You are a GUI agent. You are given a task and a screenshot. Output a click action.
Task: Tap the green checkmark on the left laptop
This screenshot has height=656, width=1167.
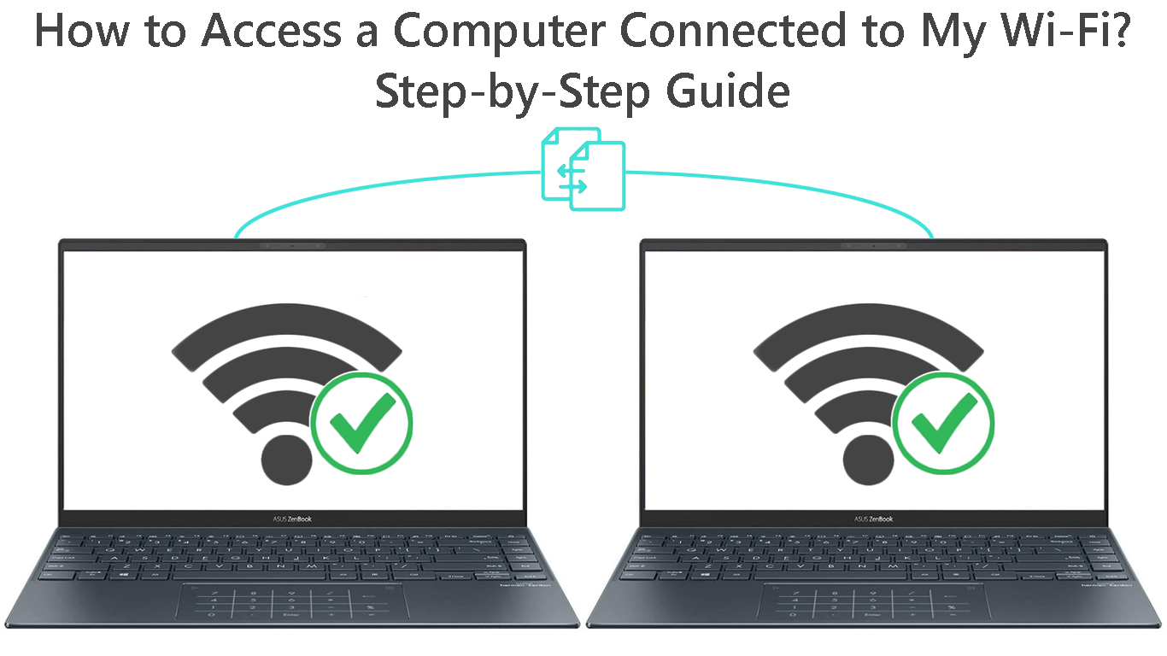[x=361, y=423]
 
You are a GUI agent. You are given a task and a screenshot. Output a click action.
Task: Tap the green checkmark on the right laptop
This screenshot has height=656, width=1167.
[x=943, y=423]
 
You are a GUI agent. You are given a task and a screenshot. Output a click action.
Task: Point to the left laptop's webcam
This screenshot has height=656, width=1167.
[x=292, y=246]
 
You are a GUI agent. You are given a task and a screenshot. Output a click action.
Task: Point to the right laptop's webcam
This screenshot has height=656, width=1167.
[x=874, y=246]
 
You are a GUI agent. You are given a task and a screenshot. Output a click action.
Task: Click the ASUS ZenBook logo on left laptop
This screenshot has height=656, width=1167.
[x=292, y=518]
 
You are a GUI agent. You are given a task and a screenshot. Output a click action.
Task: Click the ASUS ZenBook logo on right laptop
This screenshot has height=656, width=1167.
[x=874, y=518]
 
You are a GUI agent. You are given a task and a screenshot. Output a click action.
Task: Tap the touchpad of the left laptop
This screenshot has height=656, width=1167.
[x=291, y=603]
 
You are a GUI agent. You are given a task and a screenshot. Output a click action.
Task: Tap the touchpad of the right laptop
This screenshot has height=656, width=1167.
[x=874, y=603]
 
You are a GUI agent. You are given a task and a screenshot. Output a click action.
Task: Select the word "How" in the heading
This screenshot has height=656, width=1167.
[x=72, y=31]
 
